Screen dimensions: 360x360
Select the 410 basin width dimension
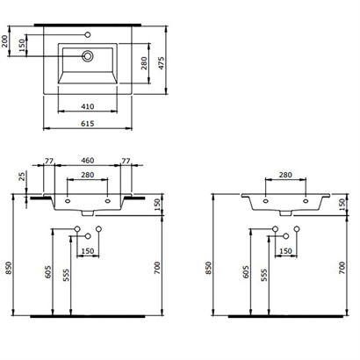pyautogui.click(x=87, y=106)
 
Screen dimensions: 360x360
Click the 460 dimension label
pyautogui.click(x=87, y=162)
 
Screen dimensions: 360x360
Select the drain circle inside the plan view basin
pyautogui.click(x=88, y=55)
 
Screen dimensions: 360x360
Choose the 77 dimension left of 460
pyautogui.click(x=49, y=162)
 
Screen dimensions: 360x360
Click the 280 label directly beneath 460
pyautogui.click(x=87, y=176)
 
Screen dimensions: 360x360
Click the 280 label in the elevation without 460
pyautogui.click(x=285, y=176)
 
